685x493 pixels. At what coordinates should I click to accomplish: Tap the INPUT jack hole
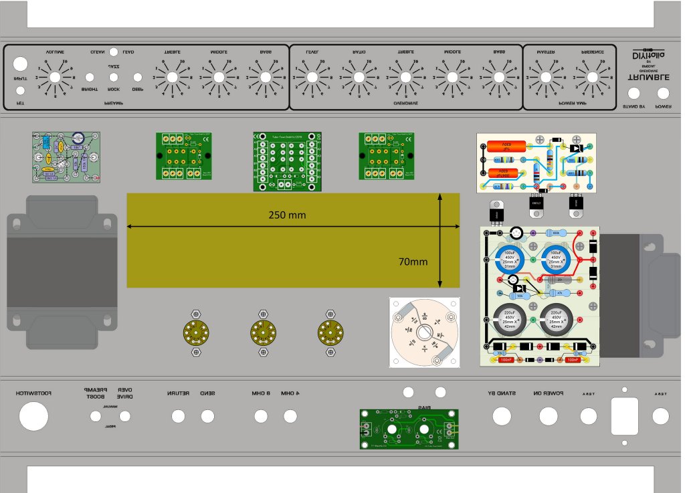tap(21, 64)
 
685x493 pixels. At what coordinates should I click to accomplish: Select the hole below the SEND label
tap(207, 416)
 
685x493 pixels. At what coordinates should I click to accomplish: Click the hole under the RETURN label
tap(178, 416)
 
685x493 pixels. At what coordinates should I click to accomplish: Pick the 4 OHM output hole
tap(290, 416)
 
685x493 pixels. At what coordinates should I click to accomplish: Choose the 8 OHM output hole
tap(260, 416)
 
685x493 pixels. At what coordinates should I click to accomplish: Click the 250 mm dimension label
tap(288, 215)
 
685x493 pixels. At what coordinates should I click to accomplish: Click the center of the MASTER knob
tap(546, 78)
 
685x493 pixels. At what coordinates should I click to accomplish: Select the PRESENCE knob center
tap(593, 78)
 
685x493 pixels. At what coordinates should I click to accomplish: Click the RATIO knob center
tap(359, 78)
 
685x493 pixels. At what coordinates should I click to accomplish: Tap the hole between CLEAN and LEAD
tap(114, 52)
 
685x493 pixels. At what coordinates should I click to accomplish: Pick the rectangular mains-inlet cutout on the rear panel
tap(625, 417)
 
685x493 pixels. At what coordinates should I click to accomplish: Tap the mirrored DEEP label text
tap(138, 89)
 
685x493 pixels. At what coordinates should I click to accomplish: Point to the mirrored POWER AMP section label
tap(573, 104)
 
